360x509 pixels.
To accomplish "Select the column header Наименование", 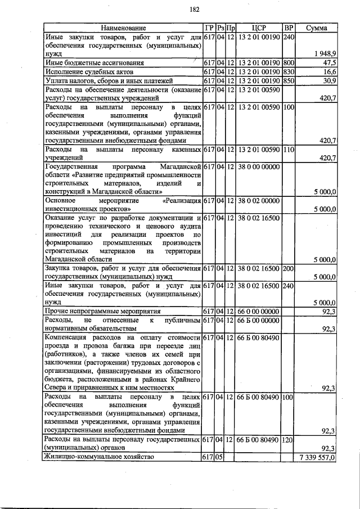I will [123, 28].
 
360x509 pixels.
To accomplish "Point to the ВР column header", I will [289, 28].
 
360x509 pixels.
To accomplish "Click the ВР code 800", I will [289, 62].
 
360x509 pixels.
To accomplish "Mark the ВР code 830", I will [289, 71].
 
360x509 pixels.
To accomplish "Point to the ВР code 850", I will [289, 80].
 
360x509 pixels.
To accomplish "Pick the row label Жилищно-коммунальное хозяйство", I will [99, 458].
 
